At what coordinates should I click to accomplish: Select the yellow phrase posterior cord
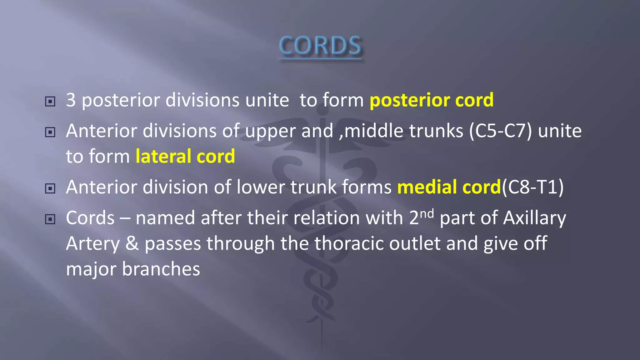point(431,100)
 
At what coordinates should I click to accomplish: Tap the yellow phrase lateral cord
point(185,156)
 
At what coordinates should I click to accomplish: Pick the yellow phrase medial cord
point(449,187)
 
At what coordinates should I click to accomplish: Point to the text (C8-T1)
point(532,187)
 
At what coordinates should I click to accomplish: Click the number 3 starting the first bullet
point(71,100)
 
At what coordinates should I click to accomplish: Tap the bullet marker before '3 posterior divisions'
point(50,102)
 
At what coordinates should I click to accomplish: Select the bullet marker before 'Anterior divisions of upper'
point(50,132)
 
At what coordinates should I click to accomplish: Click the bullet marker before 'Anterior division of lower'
point(50,188)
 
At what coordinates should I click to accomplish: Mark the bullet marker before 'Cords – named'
point(50,219)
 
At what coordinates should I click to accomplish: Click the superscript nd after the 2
point(427,214)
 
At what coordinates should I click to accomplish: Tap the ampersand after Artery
point(132,243)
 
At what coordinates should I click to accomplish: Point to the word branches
point(161,269)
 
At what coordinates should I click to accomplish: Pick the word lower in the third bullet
point(261,187)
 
